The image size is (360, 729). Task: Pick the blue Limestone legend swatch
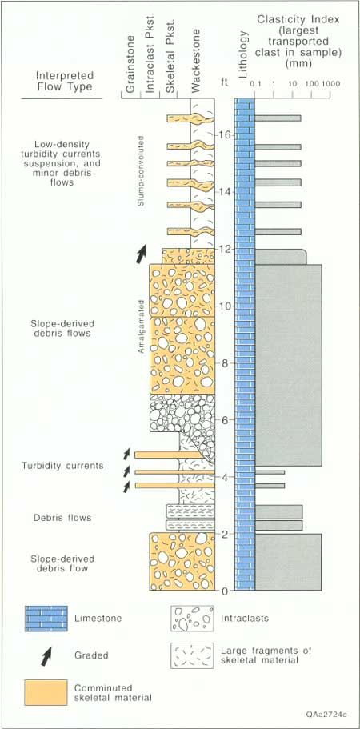pyautogui.click(x=46, y=618)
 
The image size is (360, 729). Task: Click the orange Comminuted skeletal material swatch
pyautogui.click(x=46, y=692)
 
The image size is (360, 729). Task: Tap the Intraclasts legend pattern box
pyautogui.click(x=192, y=618)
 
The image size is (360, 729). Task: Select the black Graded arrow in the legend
pyautogui.click(x=46, y=655)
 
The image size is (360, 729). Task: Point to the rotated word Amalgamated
pyautogui.click(x=142, y=326)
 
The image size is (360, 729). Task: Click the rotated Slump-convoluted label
pyautogui.click(x=142, y=171)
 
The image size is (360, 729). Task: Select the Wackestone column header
pyautogui.click(x=195, y=61)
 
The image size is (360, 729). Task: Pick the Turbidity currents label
pyautogui.click(x=62, y=466)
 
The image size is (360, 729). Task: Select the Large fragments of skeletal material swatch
pyautogui.click(x=192, y=656)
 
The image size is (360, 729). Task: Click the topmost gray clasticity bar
pyautogui.click(x=278, y=118)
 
